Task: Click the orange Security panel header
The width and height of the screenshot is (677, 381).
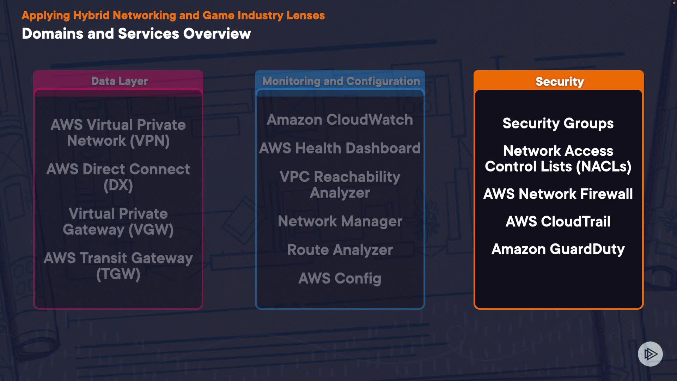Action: point(559,81)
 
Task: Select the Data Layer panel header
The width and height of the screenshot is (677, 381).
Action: point(119,81)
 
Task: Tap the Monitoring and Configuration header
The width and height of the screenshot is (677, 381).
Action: point(341,81)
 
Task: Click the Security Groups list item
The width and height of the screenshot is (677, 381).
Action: point(558,123)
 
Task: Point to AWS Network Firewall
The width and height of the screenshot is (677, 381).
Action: point(558,194)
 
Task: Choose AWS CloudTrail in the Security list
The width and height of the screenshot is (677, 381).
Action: point(558,222)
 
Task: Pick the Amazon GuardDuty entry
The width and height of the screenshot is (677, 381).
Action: point(558,249)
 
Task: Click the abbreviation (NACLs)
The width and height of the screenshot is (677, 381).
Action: point(603,167)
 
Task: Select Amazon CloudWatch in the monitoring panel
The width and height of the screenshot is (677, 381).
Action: point(340,120)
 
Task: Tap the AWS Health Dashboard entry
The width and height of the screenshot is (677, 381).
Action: point(340,148)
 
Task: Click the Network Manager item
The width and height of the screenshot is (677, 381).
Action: point(340,222)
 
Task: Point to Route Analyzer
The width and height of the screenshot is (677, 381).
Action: point(340,250)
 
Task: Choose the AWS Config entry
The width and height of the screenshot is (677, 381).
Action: point(340,278)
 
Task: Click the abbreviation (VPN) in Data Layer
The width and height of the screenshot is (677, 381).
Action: point(150,141)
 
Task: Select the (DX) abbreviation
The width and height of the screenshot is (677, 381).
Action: point(118,185)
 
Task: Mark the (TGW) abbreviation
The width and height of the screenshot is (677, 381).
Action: point(118,274)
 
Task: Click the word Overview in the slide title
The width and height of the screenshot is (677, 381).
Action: point(217,34)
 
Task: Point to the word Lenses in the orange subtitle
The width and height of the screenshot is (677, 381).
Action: point(305,16)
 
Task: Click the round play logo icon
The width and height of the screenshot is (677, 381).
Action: point(650,354)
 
